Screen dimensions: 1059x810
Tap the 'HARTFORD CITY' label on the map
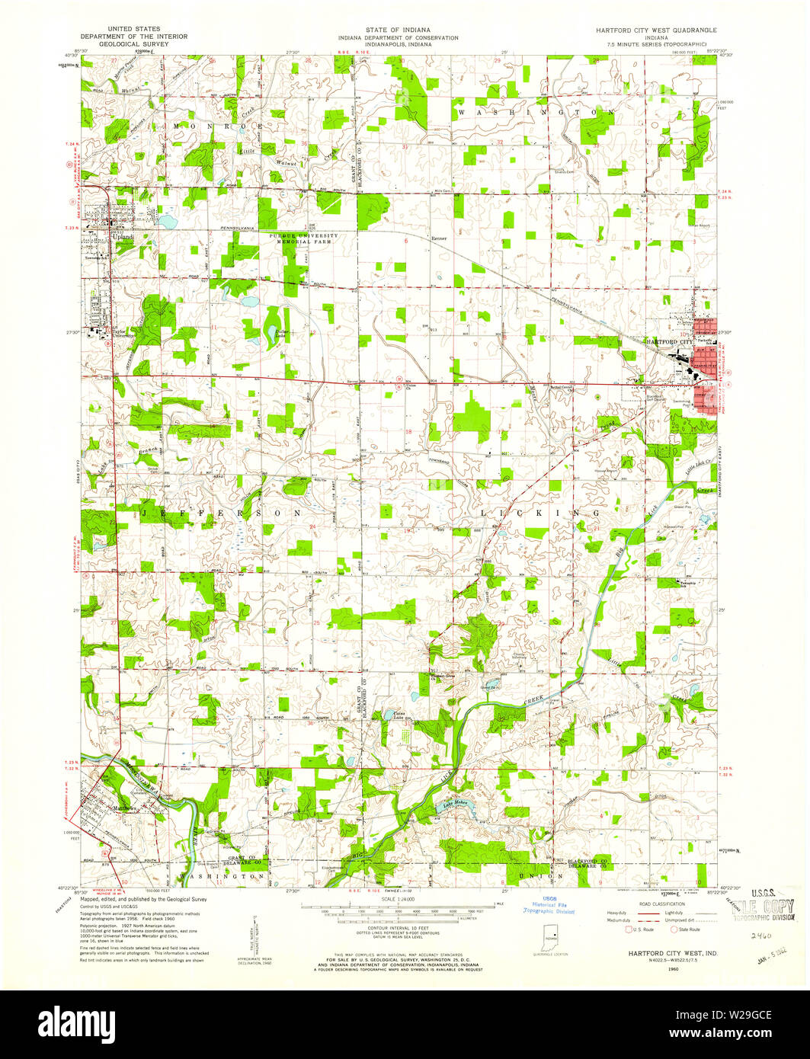tap(670, 342)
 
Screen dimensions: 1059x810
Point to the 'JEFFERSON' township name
tap(221, 514)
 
